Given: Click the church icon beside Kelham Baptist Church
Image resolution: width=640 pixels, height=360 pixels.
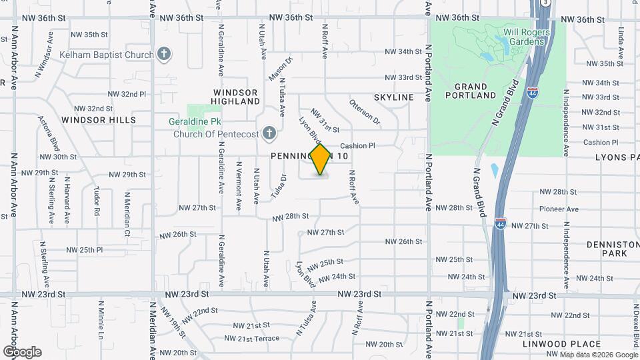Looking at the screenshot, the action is pos(164,54).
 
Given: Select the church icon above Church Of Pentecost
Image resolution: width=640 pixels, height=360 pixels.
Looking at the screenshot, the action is pos(269,133).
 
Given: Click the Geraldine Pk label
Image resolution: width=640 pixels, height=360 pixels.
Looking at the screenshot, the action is pos(197,122).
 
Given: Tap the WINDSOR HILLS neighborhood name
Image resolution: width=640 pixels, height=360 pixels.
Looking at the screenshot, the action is pos(99,120).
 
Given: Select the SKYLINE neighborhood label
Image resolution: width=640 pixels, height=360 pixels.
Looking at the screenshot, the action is pos(393,97).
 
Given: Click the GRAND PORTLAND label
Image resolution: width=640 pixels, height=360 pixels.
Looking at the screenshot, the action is pos(475,91).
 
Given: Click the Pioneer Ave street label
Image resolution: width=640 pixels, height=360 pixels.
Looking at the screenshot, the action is pos(559,209).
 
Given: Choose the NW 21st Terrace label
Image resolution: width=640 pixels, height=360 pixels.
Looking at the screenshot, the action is pos(251,339).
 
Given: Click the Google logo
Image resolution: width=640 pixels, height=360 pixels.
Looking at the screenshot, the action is pos(22,352).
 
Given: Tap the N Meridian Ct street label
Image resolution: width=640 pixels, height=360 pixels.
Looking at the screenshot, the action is pos(127,214).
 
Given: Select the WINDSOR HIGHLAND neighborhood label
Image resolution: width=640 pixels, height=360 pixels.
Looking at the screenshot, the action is pos(235,97).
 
